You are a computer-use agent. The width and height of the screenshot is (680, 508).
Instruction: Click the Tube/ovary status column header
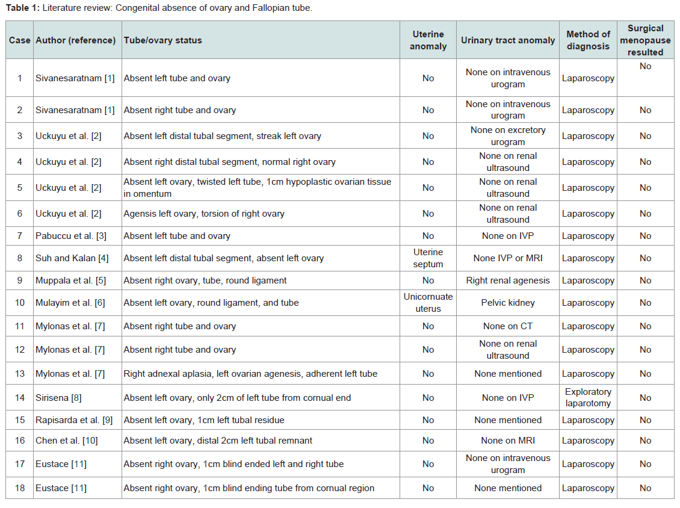pos(162,40)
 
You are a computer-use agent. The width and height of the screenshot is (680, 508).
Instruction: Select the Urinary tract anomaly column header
pos(508,40)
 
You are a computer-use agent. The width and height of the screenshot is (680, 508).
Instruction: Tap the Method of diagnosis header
pos(588,40)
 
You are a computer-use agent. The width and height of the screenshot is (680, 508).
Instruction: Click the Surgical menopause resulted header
pos(645,40)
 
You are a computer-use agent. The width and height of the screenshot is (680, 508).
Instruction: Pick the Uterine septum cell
pos(428,258)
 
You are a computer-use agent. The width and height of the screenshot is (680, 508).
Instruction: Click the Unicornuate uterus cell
pos(428,302)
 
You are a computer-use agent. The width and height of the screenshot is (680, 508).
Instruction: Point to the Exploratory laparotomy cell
pos(588,397)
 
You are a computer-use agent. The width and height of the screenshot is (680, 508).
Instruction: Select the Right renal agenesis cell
pos(508,280)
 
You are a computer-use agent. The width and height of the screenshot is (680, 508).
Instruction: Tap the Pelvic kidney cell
pos(508,302)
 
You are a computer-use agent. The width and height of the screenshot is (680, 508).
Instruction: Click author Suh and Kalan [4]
pos(72,258)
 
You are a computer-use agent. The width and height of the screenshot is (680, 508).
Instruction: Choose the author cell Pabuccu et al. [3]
pos(71,236)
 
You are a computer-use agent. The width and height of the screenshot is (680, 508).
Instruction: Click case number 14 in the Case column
pos(19,397)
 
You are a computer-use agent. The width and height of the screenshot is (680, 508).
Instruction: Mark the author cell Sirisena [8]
pos(58,397)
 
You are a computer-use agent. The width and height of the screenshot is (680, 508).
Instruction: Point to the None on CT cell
pos(508,326)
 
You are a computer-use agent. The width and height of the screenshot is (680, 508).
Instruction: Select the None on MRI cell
pos(508,441)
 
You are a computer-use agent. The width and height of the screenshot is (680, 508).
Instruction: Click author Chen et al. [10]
pos(67,441)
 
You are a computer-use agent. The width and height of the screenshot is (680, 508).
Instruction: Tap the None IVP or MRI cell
pos(508,258)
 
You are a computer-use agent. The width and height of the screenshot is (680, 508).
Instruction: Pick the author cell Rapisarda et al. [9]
pos(74,420)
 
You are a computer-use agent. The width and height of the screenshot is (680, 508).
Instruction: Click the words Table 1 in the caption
pos(22,8)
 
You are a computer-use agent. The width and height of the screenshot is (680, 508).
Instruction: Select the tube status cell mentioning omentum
pos(258,187)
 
